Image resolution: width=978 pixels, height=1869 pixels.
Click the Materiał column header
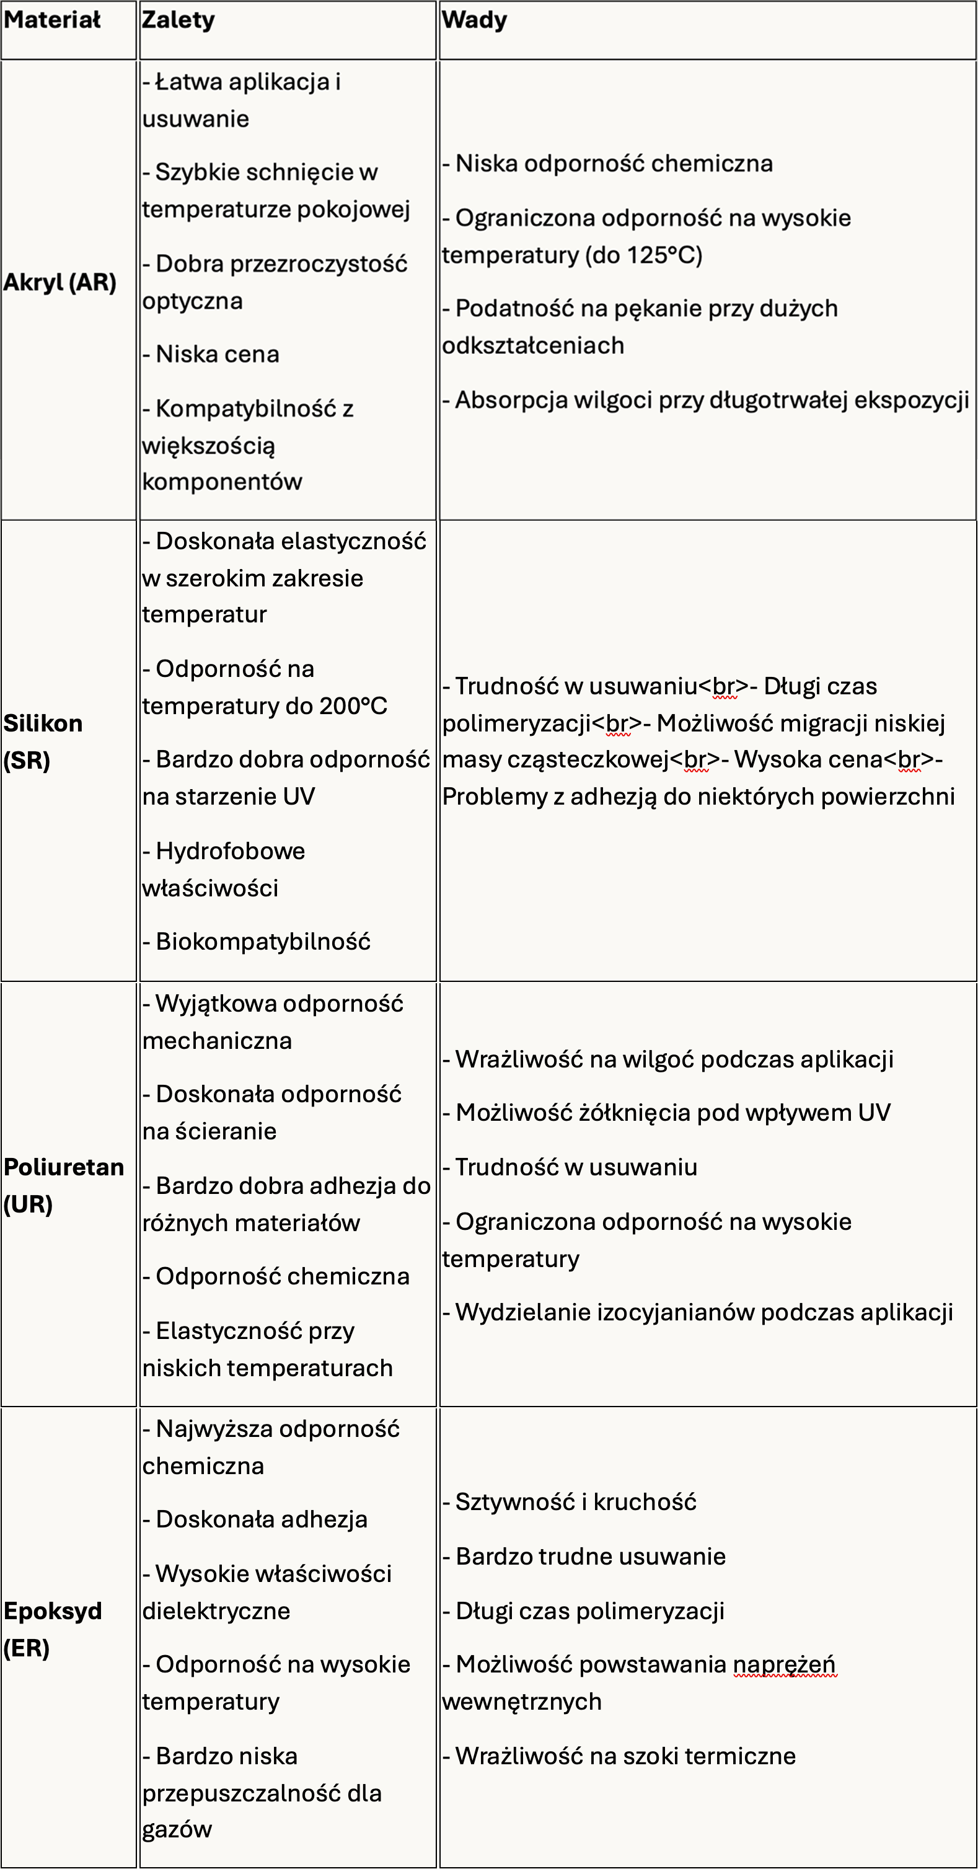pos(52,20)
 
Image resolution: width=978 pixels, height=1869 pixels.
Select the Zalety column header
pos(178,20)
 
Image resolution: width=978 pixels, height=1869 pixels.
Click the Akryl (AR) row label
pos(59,282)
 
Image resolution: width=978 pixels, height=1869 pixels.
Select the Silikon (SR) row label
pos(43,741)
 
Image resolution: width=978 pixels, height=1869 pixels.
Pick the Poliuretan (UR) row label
pos(63,1185)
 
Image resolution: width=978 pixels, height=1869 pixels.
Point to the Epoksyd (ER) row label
pos(52,1630)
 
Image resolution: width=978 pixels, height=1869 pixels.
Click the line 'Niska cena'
pos(217,355)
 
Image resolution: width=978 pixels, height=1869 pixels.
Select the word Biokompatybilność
pos(263,942)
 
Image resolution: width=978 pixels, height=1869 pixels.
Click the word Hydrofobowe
pos(230,851)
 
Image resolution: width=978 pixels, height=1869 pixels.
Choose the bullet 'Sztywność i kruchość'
pos(575,1503)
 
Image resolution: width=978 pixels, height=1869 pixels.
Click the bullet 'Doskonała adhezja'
pos(261,1519)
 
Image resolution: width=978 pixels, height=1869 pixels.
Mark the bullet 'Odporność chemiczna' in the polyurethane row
pos(282,1276)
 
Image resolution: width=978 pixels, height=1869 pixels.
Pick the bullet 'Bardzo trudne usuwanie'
pos(591,1557)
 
